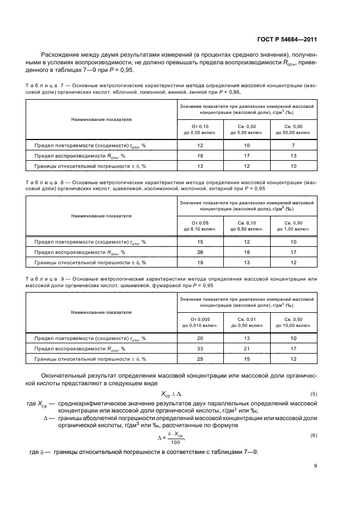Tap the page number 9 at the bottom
click(x=315, y=466)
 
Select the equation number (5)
click(x=314, y=393)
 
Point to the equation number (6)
click(x=314, y=435)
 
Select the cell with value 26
click(x=200, y=252)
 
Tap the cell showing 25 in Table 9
click(x=200, y=359)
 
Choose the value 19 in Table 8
click(x=200, y=263)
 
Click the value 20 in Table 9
click(x=200, y=338)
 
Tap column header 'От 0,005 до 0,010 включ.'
click(x=200, y=322)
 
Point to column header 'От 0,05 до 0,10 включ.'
click(x=200, y=226)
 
